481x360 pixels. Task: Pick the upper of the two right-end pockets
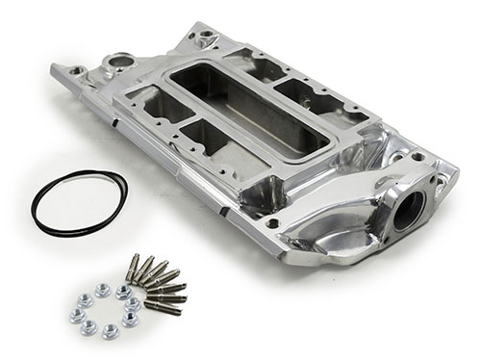292,92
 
